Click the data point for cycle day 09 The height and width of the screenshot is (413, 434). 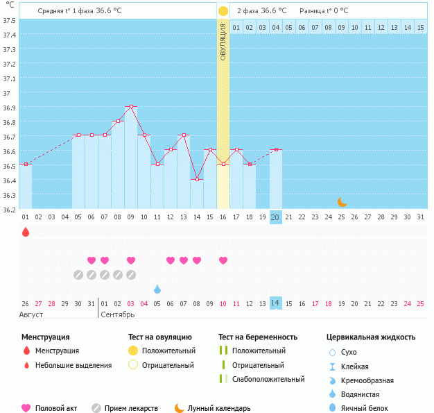pyautogui.click(x=131, y=106)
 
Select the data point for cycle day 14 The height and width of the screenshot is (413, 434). pyautogui.click(x=197, y=179)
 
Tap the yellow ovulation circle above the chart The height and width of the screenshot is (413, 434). pyautogui.click(x=223, y=11)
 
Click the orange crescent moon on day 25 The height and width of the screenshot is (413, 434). pyautogui.click(x=342, y=202)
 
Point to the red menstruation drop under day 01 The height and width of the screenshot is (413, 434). pyautogui.click(x=26, y=232)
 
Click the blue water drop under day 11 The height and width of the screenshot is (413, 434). pyautogui.click(x=157, y=289)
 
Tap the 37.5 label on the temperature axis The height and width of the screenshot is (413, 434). pyautogui.click(x=9, y=20)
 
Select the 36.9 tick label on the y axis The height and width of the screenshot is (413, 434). pyautogui.click(x=9, y=108)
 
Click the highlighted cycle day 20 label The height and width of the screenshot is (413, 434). pyautogui.click(x=275, y=217)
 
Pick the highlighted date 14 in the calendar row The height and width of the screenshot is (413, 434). pyautogui.click(x=275, y=303)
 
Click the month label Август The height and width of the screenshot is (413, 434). pyautogui.click(x=31, y=314)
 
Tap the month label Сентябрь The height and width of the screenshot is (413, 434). pyautogui.click(x=119, y=314)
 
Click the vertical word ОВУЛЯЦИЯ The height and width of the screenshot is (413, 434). pyautogui.click(x=223, y=42)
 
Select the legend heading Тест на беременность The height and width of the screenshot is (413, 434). pyautogui.click(x=257, y=337)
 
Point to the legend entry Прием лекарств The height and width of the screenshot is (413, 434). pyautogui.click(x=131, y=408)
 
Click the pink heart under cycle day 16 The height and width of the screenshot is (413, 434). pyautogui.click(x=223, y=260)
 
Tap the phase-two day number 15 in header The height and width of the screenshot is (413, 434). pyautogui.click(x=420, y=27)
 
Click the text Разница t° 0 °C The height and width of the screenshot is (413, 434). pyautogui.click(x=324, y=11)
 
